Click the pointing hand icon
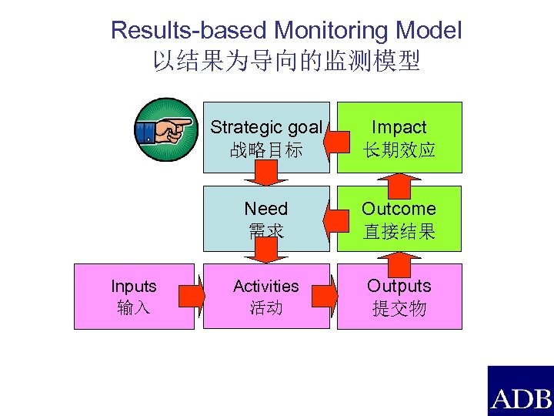(164, 130)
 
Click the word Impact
(399, 128)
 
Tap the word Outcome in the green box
(399, 209)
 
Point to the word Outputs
(399, 286)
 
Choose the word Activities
(265, 287)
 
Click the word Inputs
(133, 287)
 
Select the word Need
(265, 209)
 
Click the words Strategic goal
(265, 127)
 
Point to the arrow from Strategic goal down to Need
(266, 175)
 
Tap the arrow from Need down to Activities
(266, 251)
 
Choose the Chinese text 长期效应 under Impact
(399, 149)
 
